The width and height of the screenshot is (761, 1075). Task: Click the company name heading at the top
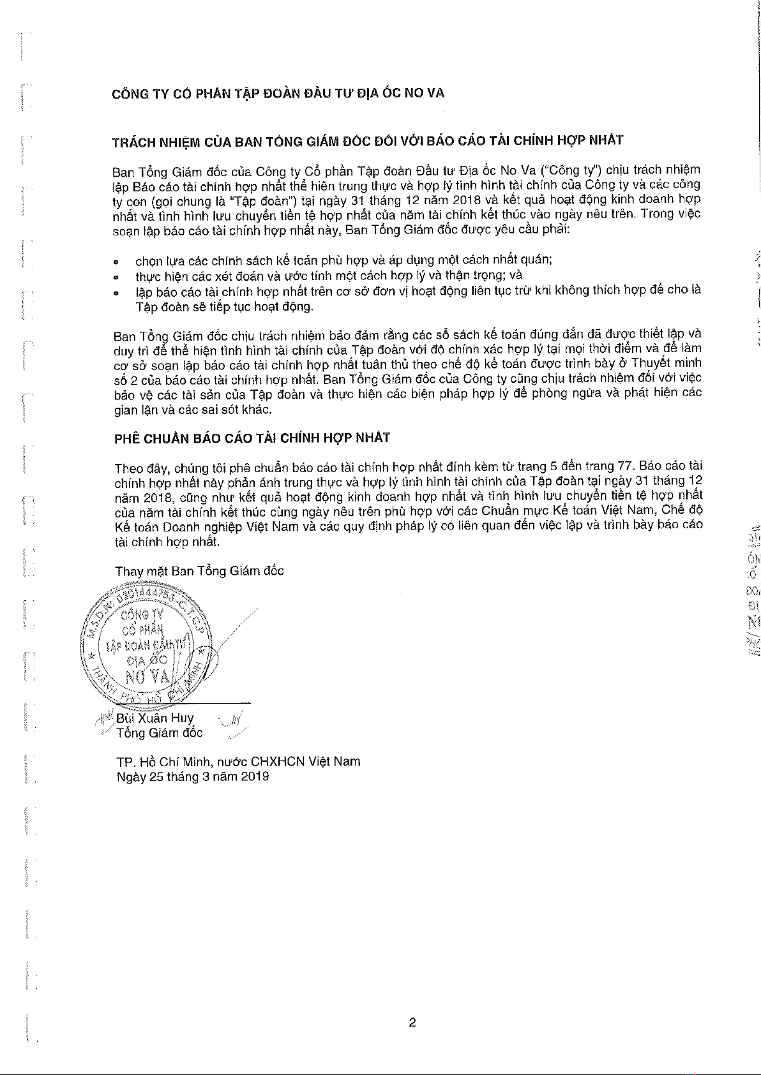click(278, 94)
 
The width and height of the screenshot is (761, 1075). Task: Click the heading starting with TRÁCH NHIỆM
click(367, 141)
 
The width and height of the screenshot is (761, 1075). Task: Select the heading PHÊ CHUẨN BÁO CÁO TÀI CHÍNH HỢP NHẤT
click(252, 438)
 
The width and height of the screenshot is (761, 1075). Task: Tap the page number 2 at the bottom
click(412, 1023)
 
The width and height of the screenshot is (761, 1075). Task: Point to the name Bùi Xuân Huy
click(156, 718)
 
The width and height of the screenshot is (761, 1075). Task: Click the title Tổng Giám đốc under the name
click(159, 733)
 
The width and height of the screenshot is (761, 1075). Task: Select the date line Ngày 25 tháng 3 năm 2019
click(192, 777)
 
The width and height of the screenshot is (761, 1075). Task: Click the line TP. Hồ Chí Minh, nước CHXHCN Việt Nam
click(238, 761)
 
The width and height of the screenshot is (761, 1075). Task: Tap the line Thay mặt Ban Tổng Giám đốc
click(199, 571)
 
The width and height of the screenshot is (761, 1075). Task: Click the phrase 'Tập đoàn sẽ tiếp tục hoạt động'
click(225, 307)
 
